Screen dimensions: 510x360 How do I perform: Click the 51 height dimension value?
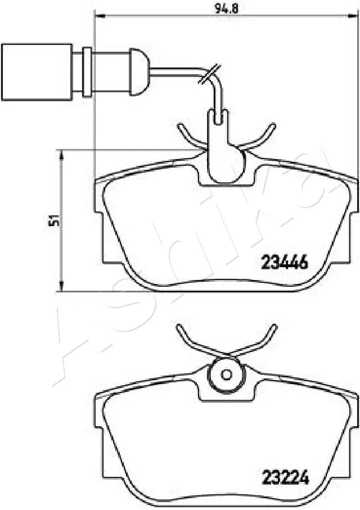point(54,220)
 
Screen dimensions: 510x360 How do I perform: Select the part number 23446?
point(284,261)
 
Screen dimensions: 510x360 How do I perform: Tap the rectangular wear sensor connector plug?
point(37,71)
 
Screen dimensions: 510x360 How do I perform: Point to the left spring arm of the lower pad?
point(188,338)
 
